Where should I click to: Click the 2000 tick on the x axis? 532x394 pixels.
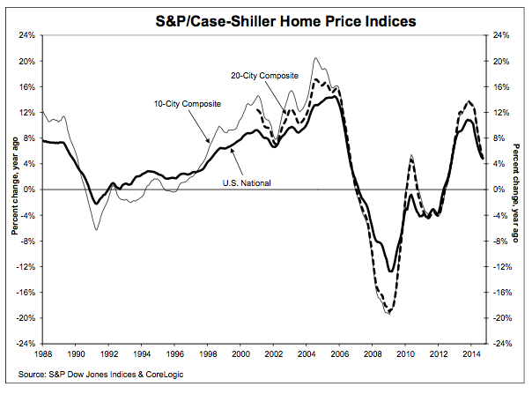coord(239,354)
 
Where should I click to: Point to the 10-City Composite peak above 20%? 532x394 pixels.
coord(315,59)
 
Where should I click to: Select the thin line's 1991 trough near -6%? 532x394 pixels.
coord(96,230)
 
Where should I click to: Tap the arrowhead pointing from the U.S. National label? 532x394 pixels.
coord(230,149)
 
